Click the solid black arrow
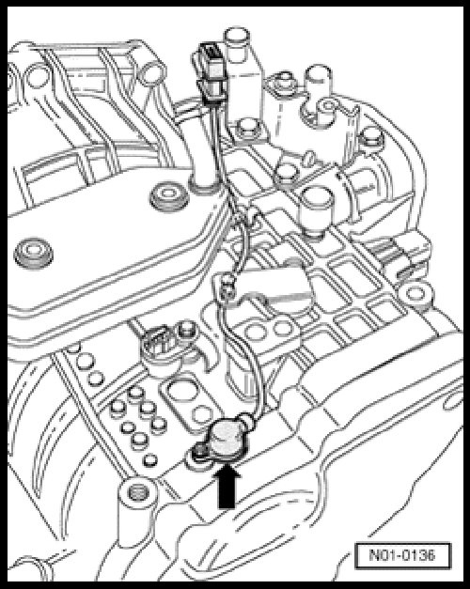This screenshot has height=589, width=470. [227, 487]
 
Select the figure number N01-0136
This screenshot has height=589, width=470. [402, 555]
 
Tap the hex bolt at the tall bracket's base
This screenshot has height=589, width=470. [246, 129]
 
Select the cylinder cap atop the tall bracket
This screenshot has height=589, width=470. [237, 39]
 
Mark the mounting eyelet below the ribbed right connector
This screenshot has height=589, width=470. [415, 293]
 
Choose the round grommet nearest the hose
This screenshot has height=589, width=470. [168, 196]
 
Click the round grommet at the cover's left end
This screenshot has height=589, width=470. [33, 254]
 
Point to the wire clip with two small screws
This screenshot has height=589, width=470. [227, 287]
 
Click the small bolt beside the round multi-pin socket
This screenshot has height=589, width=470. [186, 331]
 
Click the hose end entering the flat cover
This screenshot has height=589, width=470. [205, 183]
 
